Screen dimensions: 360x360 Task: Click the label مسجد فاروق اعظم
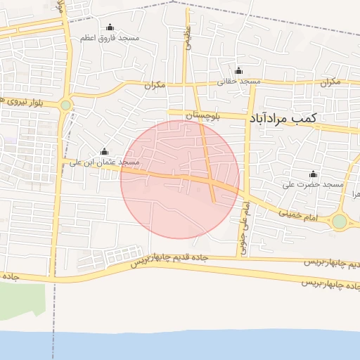107,37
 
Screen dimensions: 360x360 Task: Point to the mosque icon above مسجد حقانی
238,70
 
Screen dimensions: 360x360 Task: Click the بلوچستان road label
202,116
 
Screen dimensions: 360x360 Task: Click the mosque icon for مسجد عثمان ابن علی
104,152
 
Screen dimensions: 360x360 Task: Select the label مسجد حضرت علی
312,184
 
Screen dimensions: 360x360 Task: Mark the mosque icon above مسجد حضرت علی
313,174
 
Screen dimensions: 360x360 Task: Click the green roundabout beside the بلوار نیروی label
66,105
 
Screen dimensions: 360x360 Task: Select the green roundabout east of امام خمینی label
340,222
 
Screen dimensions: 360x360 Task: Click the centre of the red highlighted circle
180,179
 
